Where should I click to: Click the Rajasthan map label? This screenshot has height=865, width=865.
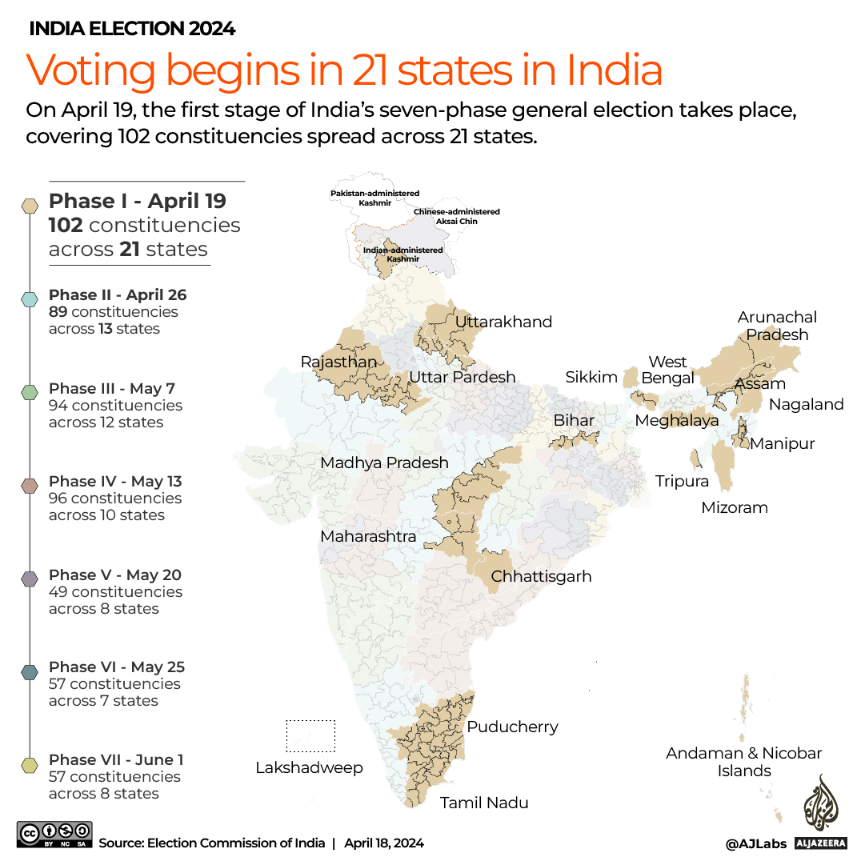(x=338, y=362)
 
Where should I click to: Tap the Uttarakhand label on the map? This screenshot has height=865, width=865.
(x=503, y=322)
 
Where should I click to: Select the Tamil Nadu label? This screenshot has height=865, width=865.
(x=484, y=803)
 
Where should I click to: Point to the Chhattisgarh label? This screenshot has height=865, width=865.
(x=541, y=576)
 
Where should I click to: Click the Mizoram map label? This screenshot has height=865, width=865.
(x=734, y=507)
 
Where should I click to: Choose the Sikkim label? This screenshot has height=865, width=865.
(x=591, y=378)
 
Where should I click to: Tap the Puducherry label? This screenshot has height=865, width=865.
(x=512, y=727)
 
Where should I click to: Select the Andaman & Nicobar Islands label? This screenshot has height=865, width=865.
(x=743, y=762)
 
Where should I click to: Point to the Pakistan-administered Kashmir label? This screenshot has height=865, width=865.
(x=374, y=198)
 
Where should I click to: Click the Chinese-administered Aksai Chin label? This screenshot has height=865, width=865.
(x=456, y=216)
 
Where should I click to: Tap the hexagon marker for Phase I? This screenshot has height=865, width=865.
(x=30, y=206)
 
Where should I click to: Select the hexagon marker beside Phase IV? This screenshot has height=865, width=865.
(x=30, y=486)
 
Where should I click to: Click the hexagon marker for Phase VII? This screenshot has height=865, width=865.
(x=30, y=765)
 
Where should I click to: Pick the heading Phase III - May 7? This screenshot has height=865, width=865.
(x=112, y=388)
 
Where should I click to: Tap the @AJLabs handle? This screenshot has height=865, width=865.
(x=755, y=843)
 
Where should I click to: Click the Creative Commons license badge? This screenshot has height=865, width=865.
(x=54, y=835)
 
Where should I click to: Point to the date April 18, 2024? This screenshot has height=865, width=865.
(x=384, y=843)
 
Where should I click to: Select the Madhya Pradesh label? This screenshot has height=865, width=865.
(x=384, y=463)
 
